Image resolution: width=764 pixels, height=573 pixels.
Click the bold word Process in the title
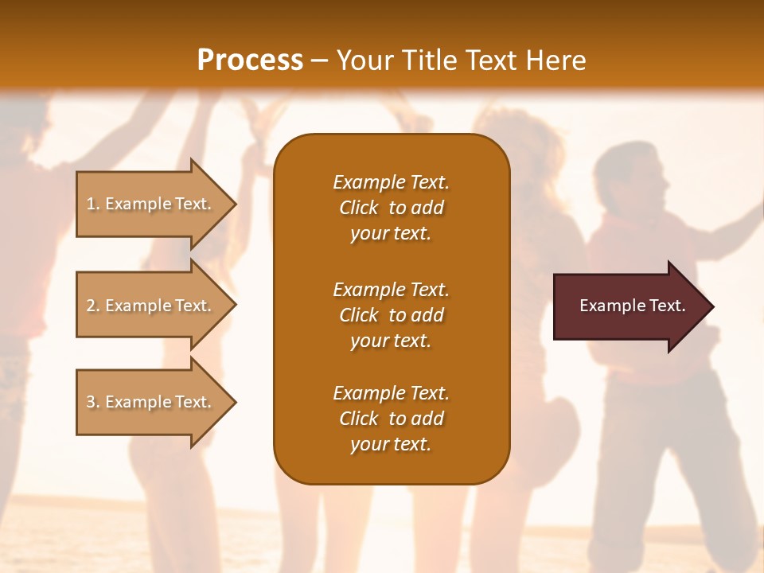[x=250, y=60]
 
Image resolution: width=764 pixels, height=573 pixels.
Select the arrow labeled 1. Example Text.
[x=151, y=204]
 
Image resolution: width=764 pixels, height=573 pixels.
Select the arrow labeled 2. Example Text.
[x=151, y=306]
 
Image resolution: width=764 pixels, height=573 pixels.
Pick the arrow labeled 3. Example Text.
[x=151, y=402]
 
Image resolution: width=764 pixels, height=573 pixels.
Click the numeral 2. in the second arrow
[x=93, y=306]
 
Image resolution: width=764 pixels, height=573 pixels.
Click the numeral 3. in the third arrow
[x=93, y=402]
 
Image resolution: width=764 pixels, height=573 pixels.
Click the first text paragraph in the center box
[x=391, y=208]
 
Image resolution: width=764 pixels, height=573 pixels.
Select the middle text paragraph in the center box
[x=391, y=315]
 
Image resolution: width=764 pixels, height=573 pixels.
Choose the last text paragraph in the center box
[x=391, y=419]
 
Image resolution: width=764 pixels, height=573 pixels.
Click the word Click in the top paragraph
[x=359, y=208]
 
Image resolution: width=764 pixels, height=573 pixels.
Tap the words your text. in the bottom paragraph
[x=391, y=445]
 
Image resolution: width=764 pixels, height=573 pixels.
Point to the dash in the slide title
[x=319, y=61]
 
